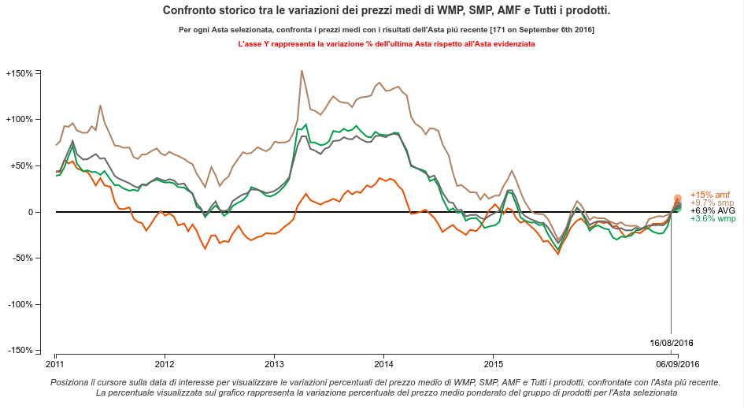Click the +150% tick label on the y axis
19,73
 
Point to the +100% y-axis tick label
19,120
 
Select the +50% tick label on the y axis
21,165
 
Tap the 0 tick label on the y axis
30,212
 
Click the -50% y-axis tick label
21,258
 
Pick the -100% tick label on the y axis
19,304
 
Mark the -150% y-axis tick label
19,350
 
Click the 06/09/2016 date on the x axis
678,364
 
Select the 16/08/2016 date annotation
671,343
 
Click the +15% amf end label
710,195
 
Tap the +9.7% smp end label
712,203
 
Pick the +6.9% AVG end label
713,211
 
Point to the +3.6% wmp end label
713,219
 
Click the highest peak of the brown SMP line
302,70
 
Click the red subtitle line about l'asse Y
386,45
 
